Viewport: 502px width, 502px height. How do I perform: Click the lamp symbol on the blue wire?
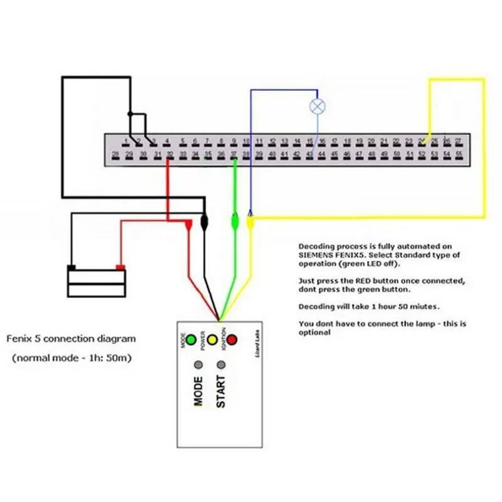tap(318, 106)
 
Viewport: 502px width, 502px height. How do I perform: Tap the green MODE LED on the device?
tap(191, 341)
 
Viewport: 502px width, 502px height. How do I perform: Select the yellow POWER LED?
tap(212, 341)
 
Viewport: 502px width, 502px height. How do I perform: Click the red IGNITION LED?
tap(232, 340)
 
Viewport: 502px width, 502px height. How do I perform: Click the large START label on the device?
tap(221, 392)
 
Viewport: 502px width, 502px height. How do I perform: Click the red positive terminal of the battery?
tap(120, 268)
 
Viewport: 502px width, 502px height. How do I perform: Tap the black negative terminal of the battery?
tap(72, 268)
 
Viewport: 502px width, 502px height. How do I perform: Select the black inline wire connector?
tap(204, 222)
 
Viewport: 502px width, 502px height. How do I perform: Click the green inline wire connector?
tap(235, 221)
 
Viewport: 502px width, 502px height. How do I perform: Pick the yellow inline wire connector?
tap(250, 222)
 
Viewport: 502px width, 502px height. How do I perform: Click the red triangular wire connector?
tap(188, 224)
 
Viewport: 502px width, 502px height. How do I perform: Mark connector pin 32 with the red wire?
tap(169, 154)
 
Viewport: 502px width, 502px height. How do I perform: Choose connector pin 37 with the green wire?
tap(233, 154)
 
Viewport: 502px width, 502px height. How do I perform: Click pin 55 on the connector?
tap(459, 154)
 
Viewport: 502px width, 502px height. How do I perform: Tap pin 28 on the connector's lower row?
tap(116, 154)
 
